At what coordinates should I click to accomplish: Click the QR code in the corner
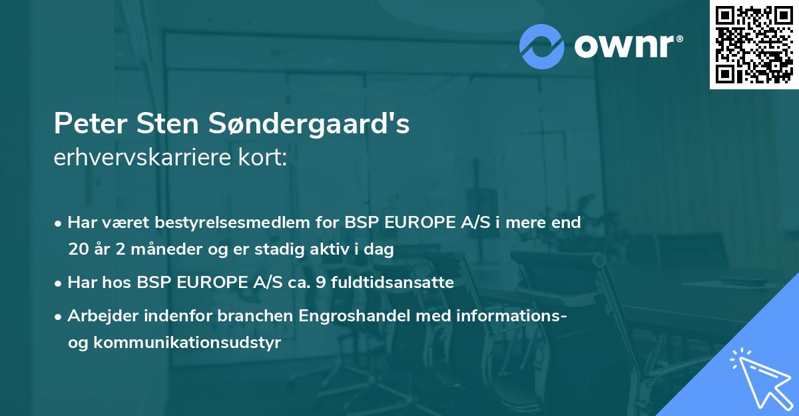(754, 44)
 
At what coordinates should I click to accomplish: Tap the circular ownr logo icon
(542, 45)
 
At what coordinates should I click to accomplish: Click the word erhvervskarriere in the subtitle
(134, 158)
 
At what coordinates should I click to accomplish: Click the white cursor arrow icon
(755, 378)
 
